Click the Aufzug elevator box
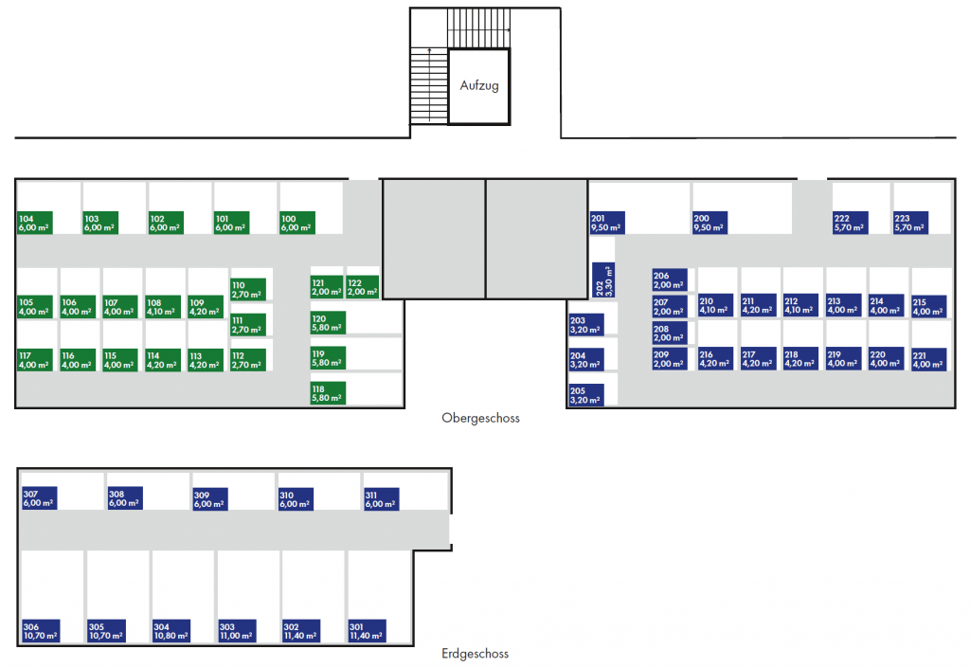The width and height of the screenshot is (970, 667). pos(479,86)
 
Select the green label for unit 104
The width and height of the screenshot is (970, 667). pos(35,223)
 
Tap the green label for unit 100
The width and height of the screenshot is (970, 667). pos(297,223)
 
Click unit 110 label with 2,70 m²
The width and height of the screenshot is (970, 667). pos(248,289)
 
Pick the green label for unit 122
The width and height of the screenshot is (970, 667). pos(363,287)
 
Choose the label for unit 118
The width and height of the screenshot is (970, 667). pos(328,393)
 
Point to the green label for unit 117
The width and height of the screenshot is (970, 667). pos(35,360)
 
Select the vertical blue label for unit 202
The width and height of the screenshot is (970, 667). pos(603,281)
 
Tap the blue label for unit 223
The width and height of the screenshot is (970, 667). pos(910,223)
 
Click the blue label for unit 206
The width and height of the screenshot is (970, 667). pos(670,279)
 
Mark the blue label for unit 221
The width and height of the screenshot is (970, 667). pos(928,360)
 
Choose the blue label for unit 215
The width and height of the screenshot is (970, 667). pos(928,307)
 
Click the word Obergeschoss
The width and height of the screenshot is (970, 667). pos(480,418)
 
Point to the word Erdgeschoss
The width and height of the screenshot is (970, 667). pos(476,654)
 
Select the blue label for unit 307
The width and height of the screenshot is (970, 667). pos(39,498)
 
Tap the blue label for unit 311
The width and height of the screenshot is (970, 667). pos(381,499)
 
